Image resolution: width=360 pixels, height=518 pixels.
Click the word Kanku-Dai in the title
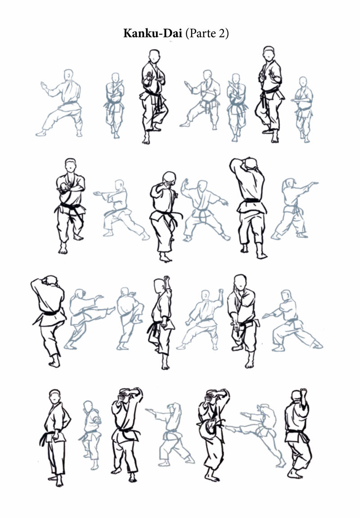point(153,33)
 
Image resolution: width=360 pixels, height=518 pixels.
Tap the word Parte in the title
point(201,33)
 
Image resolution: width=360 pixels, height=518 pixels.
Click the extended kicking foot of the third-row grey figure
point(112,309)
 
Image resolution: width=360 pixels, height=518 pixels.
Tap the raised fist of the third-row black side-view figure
point(167,278)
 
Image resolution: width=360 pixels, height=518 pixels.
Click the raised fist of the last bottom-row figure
point(304,392)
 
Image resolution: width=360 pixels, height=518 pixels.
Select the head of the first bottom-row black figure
point(55,396)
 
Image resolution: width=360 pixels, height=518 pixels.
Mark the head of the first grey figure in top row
point(68,75)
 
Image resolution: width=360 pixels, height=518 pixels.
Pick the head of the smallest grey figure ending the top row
point(303,82)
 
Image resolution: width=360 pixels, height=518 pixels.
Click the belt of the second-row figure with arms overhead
point(252,200)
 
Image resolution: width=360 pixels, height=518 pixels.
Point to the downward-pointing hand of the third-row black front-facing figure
point(236,326)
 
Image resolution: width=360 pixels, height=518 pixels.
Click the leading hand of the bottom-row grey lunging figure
point(149,411)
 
